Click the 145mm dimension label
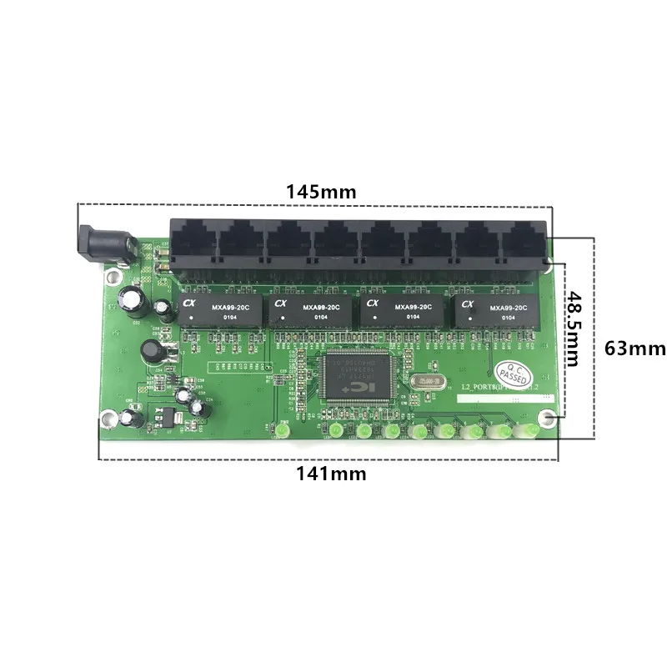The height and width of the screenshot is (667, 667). (321, 191)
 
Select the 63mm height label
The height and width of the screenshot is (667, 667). (635, 348)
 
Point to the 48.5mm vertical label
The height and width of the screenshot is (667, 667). (571, 327)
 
